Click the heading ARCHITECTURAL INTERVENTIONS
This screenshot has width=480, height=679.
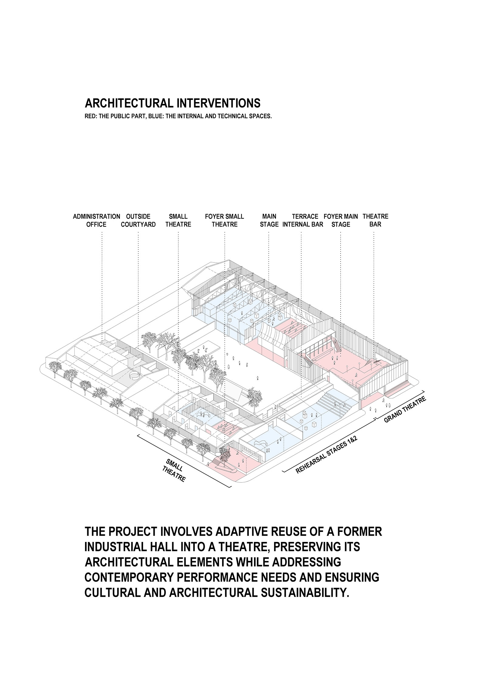pyautogui.click(x=172, y=103)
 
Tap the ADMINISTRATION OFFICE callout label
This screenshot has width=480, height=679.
pyautogui.click(x=96, y=220)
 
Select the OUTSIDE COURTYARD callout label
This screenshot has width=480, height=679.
pyautogui.click(x=138, y=220)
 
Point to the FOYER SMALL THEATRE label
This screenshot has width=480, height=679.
pyautogui.click(x=224, y=220)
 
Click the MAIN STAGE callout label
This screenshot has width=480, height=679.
pyautogui.click(x=269, y=220)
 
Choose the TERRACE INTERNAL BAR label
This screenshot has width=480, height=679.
pyautogui.click(x=303, y=220)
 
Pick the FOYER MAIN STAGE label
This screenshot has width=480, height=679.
pyautogui.click(x=341, y=220)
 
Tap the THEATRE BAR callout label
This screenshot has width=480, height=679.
pyautogui.click(x=375, y=220)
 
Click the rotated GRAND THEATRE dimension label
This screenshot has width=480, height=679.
pyautogui.click(x=405, y=410)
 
